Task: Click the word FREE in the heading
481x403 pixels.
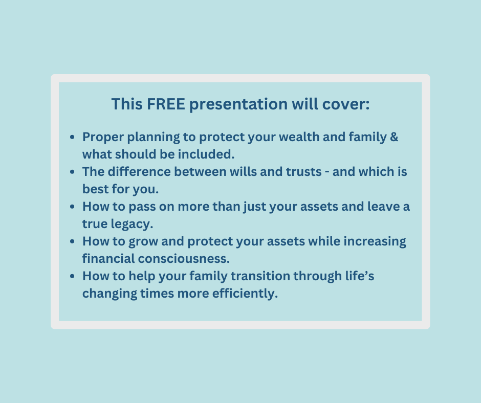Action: point(166,104)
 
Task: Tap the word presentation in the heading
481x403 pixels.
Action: point(238,105)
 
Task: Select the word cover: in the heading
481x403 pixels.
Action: point(346,104)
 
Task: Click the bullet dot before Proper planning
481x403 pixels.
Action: point(72,137)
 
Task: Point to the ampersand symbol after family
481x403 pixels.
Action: point(394,137)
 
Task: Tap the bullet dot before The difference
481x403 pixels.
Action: point(72,172)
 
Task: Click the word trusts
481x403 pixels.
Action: point(303,172)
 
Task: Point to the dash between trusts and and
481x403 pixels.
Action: point(327,172)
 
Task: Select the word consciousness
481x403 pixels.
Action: point(184,259)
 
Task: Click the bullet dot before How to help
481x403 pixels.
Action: point(72,276)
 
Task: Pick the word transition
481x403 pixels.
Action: point(260,276)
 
